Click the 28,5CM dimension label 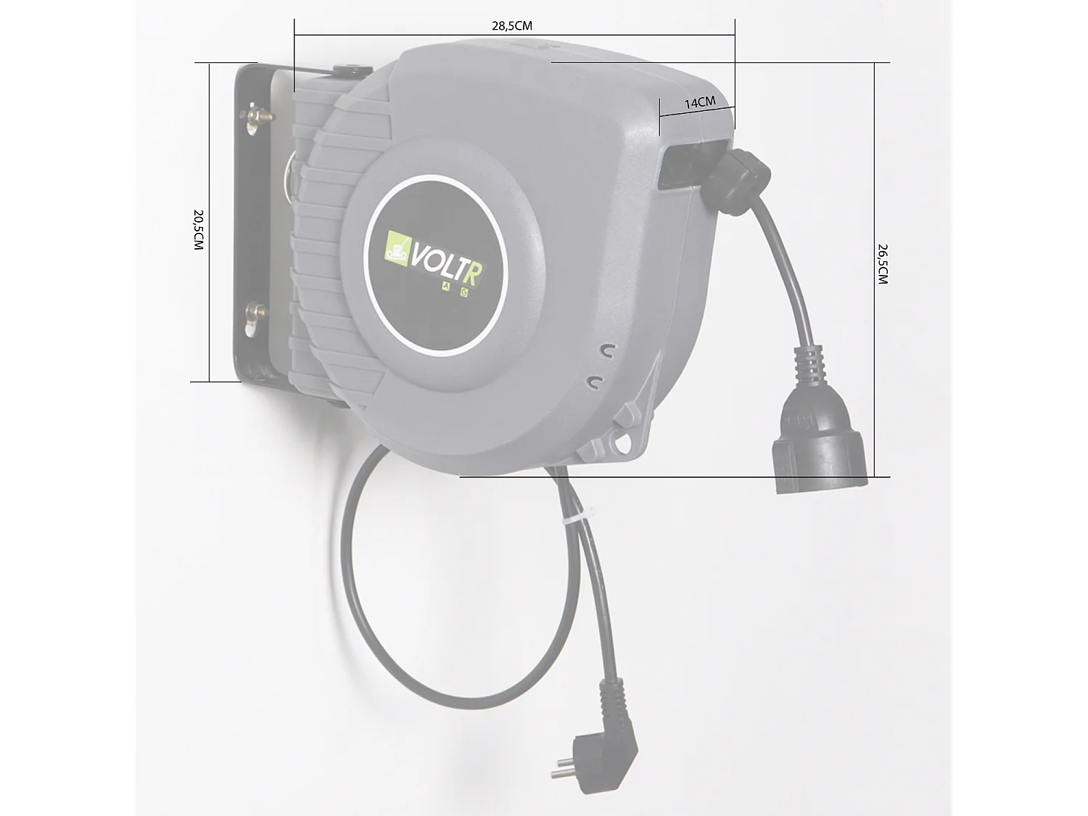tap(512, 26)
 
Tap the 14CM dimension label tap(700, 103)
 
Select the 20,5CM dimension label tap(198, 230)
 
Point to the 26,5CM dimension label tap(882, 264)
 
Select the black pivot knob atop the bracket tap(353, 71)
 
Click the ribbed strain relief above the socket tap(809, 366)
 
